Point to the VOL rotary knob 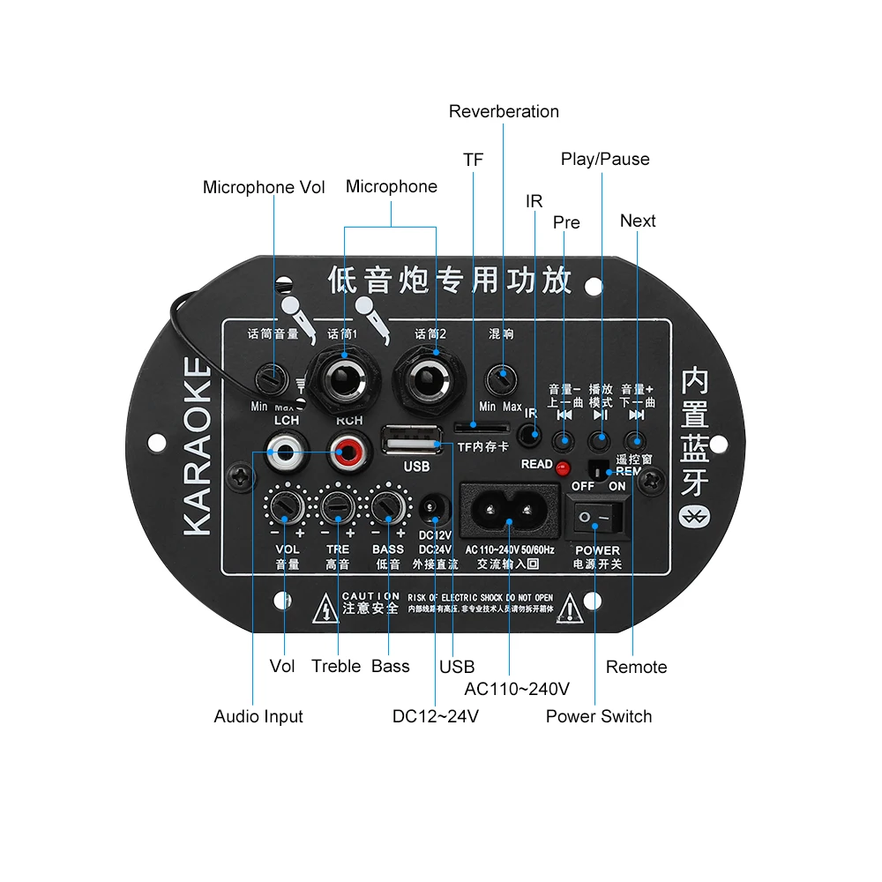(287, 506)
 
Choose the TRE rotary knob (337, 506)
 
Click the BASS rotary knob (387, 506)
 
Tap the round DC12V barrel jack (434, 509)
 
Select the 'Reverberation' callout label (504, 111)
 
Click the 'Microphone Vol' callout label (264, 187)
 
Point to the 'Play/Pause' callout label (605, 159)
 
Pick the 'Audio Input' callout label (258, 716)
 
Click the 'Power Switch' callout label (599, 716)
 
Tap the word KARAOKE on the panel (198, 446)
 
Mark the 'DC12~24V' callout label (436, 716)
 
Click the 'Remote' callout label (636, 667)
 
